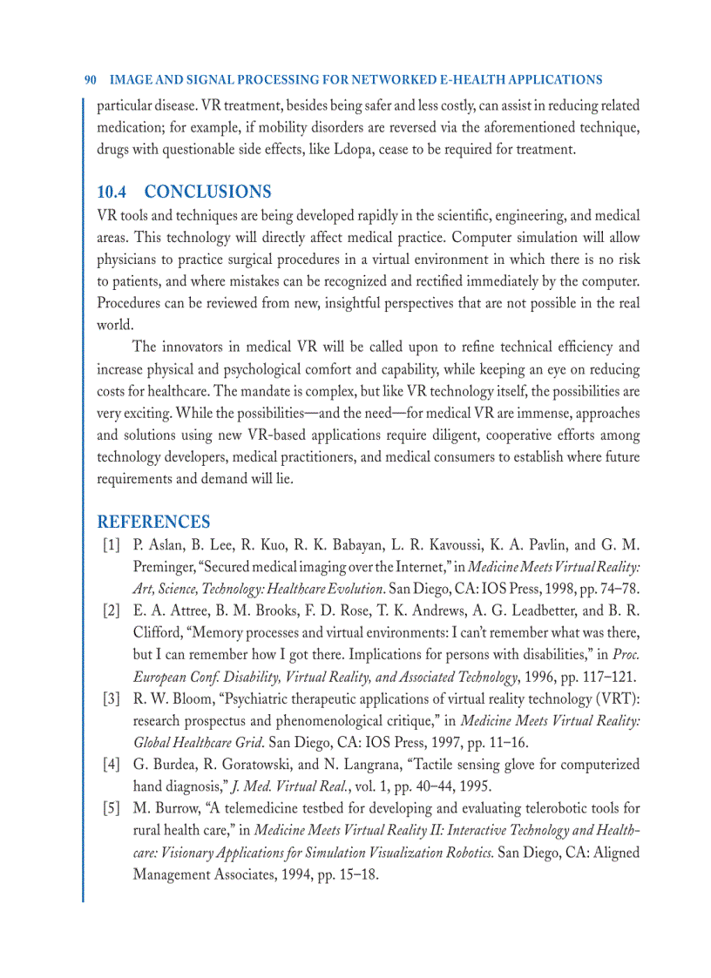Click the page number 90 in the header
coord(90,80)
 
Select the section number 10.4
coord(112,192)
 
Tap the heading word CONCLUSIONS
coord(207,192)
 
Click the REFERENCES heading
coord(153,523)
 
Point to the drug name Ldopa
coord(354,149)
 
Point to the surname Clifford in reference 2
coord(157,632)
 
